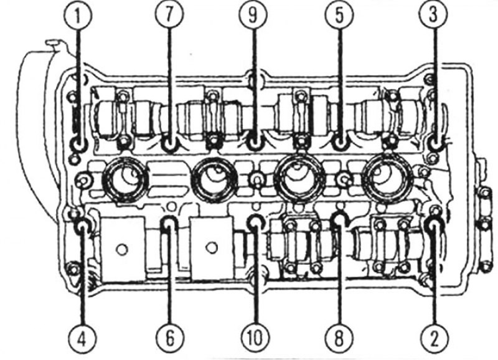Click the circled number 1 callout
pyautogui.click(x=77, y=16)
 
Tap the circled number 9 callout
pyautogui.click(x=253, y=16)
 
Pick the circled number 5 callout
pyautogui.click(x=339, y=16)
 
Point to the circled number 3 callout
pyautogui.click(x=433, y=16)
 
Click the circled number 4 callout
pyautogui.click(x=82, y=340)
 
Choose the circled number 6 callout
pyautogui.click(x=170, y=340)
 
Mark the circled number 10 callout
pyautogui.click(x=255, y=340)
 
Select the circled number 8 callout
pyautogui.click(x=339, y=340)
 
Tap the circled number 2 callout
pyautogui.click(x=434, y=340)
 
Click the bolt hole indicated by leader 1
pyautogui.click(x=78, y=144)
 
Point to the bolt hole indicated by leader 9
pyautogui.click(x=254, y=144)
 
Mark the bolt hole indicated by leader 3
pyautogui.click(x=436, y=144)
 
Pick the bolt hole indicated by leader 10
pyautogui.click(x=255, y=223)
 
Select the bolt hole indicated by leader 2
pyautogui.click(x=434, y=225)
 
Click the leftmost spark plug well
pyautogui.click(x=125, y=180)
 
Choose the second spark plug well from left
pyautogui.click(x=215, y=180)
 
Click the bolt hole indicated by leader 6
pyautogui.click(x=168, y=224)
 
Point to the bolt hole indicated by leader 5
pyautogui.click(x=340, y=143)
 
